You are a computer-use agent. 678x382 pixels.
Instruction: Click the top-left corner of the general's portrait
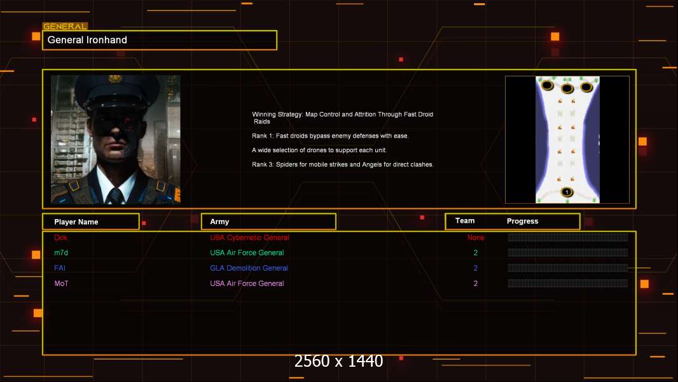point(51,75)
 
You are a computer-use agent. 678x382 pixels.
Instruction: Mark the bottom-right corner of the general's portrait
point(180,204)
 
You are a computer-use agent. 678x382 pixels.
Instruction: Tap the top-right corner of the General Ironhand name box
point(277,31)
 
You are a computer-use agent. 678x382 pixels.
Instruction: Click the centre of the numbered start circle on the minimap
point(567,192)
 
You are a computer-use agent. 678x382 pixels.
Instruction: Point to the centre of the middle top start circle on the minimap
point(567,88)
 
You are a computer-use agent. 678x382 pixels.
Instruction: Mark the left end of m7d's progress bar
point(508,253)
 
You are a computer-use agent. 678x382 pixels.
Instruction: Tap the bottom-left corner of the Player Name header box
point(43,229)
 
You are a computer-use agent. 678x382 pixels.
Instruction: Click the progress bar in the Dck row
point(568,237)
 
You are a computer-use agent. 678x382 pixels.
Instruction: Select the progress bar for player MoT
point(568,283)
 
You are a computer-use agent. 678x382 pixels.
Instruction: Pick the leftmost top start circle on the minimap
point(548,85)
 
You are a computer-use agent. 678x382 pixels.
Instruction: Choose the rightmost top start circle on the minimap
point(586,87)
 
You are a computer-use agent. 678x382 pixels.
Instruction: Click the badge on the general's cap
point(115,78)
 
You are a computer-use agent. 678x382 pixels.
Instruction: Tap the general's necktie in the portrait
point(116,195)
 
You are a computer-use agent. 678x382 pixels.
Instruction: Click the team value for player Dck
point(476,237)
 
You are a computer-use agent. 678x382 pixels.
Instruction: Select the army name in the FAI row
point(249,268)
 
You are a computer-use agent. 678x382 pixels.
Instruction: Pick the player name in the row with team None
point(60,237)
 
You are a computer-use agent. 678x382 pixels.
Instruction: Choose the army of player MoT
point(247,283)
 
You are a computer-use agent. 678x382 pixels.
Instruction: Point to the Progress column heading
point(522,221)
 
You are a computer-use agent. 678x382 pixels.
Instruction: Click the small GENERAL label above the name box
point(66,26)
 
